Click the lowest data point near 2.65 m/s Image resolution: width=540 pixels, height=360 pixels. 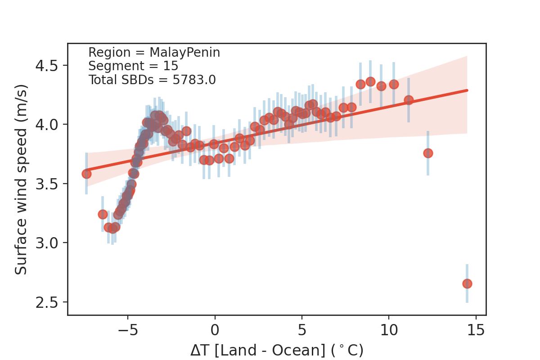tap(467, 283)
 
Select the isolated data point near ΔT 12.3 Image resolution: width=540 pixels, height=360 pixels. tap(428, 153)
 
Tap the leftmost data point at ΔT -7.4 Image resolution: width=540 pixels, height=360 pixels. tap(86, 174)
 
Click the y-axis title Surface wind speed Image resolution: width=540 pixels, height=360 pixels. tap(21, 179)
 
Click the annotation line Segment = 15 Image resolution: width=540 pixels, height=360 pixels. tap(133, 66)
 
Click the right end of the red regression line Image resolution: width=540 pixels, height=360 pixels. tap(467, 90)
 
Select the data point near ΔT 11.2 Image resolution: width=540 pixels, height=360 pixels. tap(409, 100)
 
